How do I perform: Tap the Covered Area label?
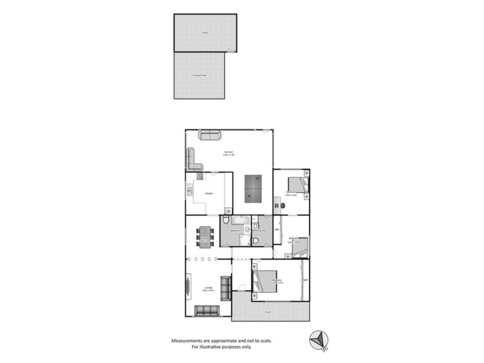pos(199,75)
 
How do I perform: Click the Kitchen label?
pos(209,193)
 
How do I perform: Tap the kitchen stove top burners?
pos(198,177)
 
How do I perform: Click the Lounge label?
pos(208,289)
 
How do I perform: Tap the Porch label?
pos(267,312)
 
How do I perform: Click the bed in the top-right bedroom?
pos(296,184)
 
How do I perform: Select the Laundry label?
pos(263,231)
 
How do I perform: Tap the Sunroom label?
pos(229,152)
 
